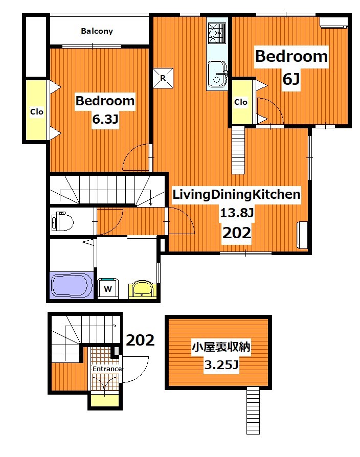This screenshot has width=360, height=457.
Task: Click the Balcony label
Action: pos(97,31)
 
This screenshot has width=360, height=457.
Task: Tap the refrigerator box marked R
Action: pos(163,78)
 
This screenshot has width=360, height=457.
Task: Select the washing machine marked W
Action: pos(108,288)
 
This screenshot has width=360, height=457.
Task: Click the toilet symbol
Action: pos(62,222)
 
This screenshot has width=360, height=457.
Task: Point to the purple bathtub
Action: pos(72,285)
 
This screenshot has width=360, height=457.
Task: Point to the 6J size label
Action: pos(291,80)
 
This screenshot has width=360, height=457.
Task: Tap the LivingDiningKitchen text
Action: pos(236,194)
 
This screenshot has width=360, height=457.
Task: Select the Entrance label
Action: pos(107,369)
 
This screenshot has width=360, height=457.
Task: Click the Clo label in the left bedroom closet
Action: pos(36,111)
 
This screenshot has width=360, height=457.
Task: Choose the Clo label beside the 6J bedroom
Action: pos(241,102)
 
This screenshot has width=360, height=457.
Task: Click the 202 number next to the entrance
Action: pos(140,340)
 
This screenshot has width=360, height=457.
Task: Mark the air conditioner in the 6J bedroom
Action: pos(333,22)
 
